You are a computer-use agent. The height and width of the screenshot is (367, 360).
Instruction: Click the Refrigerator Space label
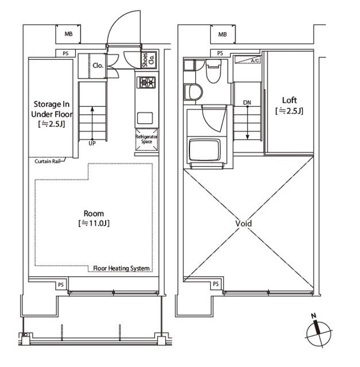coord(146,139)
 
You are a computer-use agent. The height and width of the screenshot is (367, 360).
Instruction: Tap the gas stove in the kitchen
coord(146,83)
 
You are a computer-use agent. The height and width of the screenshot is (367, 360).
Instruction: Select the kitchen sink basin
coord(145,118)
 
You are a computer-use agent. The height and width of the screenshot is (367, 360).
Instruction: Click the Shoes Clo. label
coord(149,60)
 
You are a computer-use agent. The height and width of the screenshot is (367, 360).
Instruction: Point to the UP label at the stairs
coord(92,143)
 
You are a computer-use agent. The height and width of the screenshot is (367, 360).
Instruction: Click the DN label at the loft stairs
coord(247,103)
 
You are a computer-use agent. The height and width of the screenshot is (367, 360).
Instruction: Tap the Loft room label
coord(289,106)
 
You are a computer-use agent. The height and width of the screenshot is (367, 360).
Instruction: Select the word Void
coord(244,224)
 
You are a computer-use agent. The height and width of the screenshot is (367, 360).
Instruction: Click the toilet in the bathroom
coord(213,71)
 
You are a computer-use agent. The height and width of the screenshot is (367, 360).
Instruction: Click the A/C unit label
coord(255,61)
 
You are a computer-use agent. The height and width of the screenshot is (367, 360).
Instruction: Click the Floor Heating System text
coord(121,268)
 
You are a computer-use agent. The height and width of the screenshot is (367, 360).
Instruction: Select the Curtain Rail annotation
coord(48,161)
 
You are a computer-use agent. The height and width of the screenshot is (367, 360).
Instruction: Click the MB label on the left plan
coord(68,34)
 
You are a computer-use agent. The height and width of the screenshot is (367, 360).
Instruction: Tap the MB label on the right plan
coord(222,34)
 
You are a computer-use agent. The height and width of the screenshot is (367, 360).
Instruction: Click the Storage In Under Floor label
coord(52,114)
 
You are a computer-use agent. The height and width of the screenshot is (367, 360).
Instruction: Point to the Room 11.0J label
coord(94,218)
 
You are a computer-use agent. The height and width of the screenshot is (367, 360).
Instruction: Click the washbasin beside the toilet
coord(193,92)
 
